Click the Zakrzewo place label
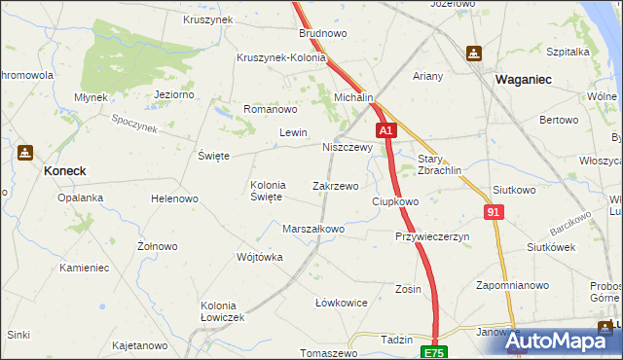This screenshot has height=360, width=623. (x=335, y=185)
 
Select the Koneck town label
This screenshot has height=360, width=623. (x=64, y=170)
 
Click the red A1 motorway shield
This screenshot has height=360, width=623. (x=386, y=129)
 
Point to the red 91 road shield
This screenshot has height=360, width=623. (x=494, y=211)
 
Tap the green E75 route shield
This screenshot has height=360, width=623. (x=433, y=350)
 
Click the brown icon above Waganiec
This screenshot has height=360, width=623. (x=474, y=54)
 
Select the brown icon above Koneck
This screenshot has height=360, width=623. (x=25, y=153)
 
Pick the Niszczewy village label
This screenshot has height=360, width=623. (x=348, y=148)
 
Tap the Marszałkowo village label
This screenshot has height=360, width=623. (x=313, y=230)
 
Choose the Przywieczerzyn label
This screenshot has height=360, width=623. (x=432, y=236)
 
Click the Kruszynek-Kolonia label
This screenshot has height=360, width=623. (x=281, y=57)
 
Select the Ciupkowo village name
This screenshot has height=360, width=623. (x=395, y=201)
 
